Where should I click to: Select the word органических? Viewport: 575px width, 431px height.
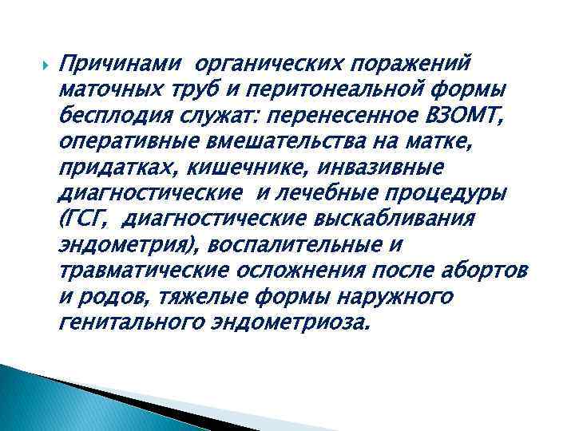274,62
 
